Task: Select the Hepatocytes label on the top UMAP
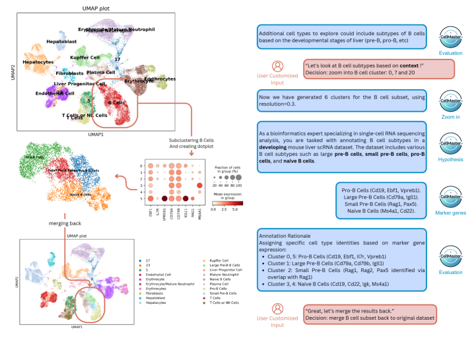click(38, 61)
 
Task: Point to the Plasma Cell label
click(100, 71)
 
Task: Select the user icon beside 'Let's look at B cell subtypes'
click(278, 67)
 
